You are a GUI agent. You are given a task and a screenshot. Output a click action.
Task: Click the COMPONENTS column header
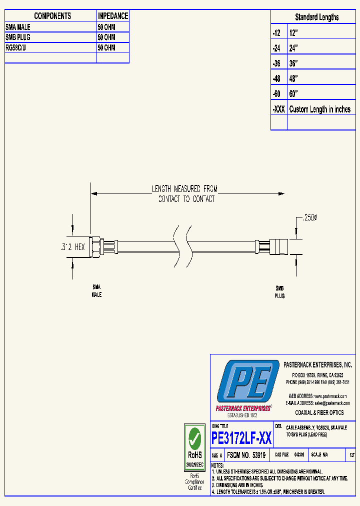click(x=52, y=16)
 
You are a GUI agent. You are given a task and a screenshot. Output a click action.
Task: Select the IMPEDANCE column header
click(x=112, y=16)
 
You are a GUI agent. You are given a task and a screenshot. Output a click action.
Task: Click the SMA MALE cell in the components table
click(x=18, y=27)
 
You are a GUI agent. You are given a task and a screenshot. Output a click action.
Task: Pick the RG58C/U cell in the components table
click(x=18, y=48)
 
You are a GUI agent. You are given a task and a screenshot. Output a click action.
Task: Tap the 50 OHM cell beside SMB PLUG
click(x=106, y=37)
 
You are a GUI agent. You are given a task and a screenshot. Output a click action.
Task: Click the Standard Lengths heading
click(x=316, y=17)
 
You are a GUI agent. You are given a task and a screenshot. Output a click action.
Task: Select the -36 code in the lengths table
click(x=276, y=63)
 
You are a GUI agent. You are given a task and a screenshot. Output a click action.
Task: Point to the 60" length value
click(x=293, y=94)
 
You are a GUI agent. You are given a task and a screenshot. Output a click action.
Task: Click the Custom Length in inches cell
click(x=319, y=109)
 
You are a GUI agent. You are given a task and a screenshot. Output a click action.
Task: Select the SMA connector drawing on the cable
click(x=102, y=246)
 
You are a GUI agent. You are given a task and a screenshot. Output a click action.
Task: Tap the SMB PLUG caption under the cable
click(x=279, y=292)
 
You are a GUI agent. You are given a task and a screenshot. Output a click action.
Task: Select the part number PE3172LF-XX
click(x=241, y=438)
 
